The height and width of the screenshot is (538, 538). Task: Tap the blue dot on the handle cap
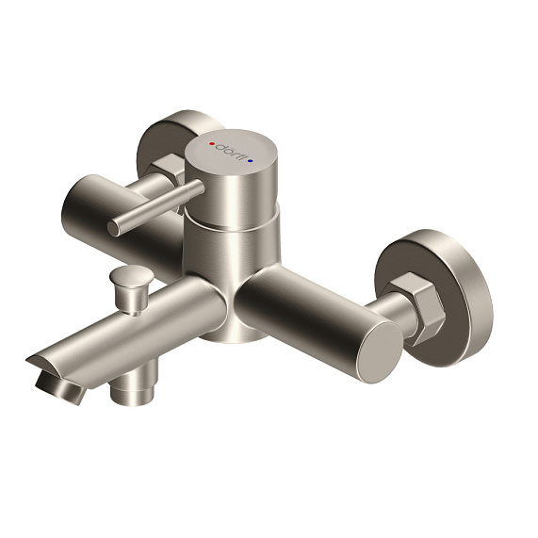click(x=250, y=161)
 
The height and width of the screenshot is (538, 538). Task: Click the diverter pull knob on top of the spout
click(x=128, y=278)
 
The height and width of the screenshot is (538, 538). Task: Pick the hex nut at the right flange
click(x=416, y=305)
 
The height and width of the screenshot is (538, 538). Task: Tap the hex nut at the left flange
click(x=171, y=172)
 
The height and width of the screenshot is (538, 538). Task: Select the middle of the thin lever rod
click(x=155, y=207)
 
